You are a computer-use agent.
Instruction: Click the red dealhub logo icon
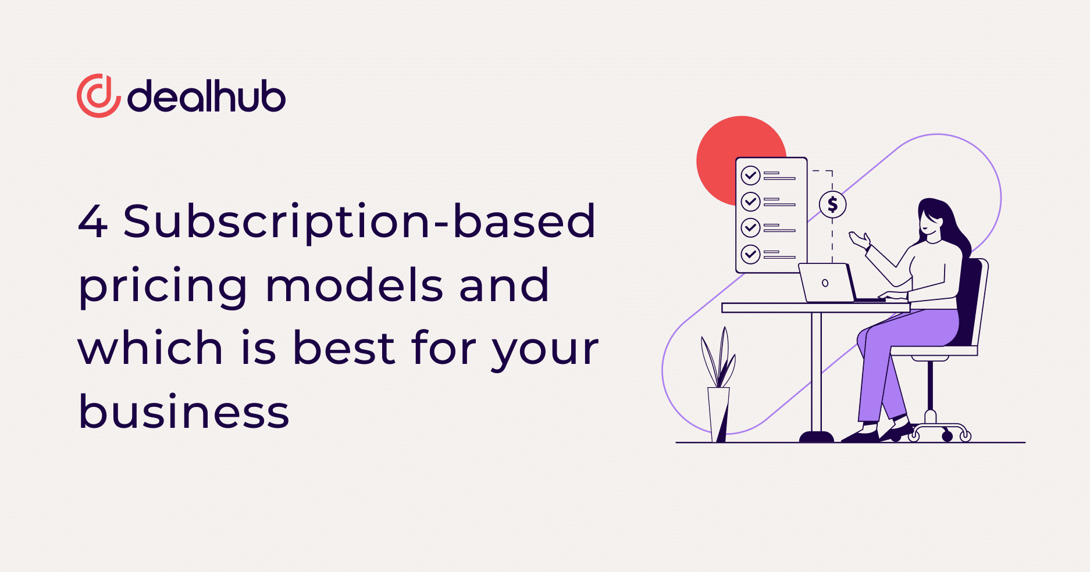pos(98,96)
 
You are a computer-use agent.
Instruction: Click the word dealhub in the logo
pos(206,95)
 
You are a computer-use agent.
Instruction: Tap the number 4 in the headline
pos(92,221)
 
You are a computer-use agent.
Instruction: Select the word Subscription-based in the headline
pos(359,222)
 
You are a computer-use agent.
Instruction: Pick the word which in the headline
pos(150,347)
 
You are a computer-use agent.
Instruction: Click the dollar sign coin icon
pos(832,204)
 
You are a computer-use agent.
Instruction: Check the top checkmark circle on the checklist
pos(750,175)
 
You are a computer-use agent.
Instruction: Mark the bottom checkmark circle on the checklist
pos(750,254)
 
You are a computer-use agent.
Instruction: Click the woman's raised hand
pos(860,239)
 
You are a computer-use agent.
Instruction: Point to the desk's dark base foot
pos(817,437)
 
